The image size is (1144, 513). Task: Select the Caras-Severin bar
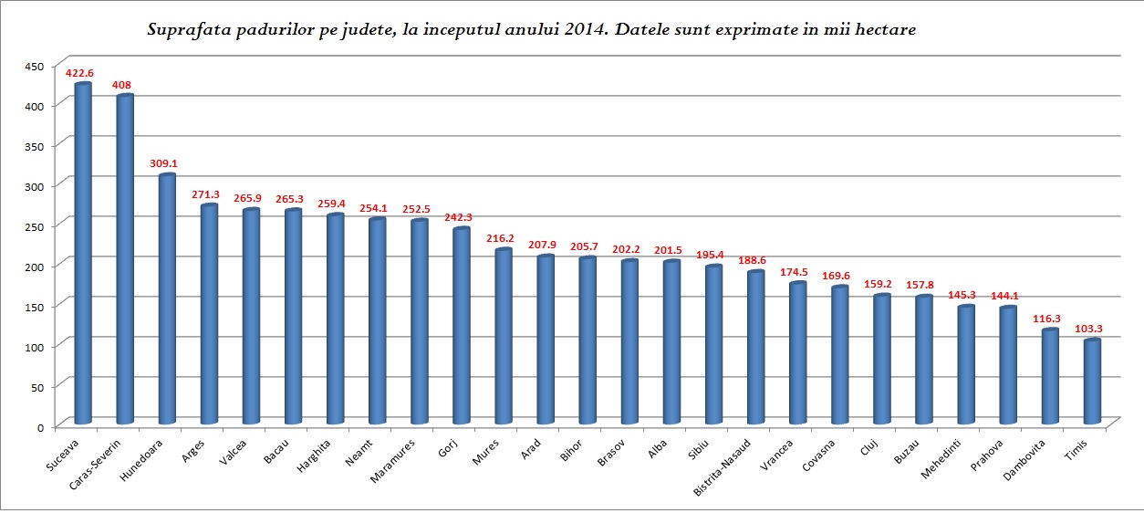(x=125, y=260)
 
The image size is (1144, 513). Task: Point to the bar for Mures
(x=504, y=337)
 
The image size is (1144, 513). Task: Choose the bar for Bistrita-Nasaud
(x=755, y=348)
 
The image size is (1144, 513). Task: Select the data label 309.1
(x=164, y=163)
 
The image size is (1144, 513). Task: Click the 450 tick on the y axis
(x=34, y=67)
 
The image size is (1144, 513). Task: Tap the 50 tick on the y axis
(x=36, y=386)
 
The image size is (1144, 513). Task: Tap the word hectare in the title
(x=884, y=30)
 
